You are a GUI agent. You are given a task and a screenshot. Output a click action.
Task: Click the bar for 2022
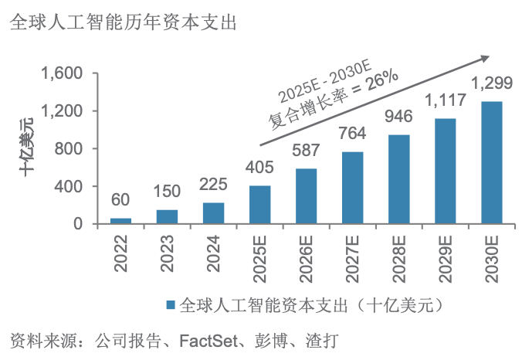click(x=121, y=221)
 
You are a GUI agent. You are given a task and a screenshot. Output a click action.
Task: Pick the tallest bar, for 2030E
click(x=492, y=163)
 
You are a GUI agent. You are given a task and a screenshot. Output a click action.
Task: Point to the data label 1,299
click(x=492, y=83)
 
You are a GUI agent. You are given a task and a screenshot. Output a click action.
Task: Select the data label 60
click(x=121, y=200)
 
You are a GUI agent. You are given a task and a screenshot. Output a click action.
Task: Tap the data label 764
click(x=353, y=134)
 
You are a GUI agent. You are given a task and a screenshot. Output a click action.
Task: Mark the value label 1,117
click(x=446, y=100)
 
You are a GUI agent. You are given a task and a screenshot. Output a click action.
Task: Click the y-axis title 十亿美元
click(x=29, y=148)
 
